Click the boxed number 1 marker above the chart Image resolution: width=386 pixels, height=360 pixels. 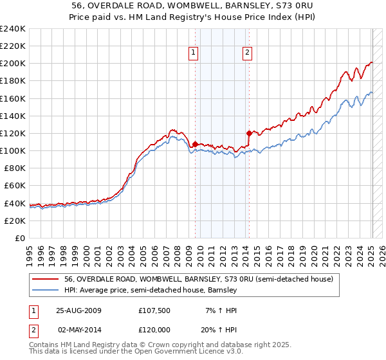click(x=194, y=53)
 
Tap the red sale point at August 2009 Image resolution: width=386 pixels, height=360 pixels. click(x=195, y=144)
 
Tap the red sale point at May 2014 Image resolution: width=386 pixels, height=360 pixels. click(x=248, y=133)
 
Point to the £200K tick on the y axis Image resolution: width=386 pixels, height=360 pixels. click(x=13, y=64)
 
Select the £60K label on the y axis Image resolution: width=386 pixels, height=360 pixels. click(x=15, y=186)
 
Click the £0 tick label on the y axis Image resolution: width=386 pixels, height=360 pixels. click(x=20, y=238)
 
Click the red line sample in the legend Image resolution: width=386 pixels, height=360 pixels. click(x=46, y=280)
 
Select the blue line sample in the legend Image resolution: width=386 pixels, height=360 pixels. click(x=46, y=291)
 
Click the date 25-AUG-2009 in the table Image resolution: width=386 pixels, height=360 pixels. click(x=79, y=310)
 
